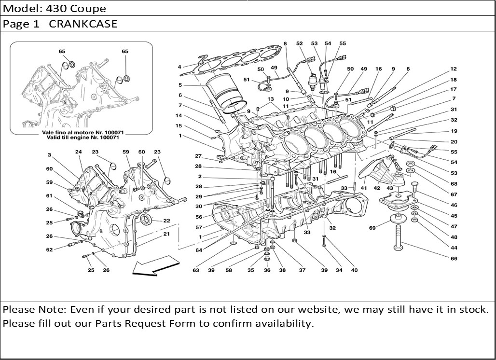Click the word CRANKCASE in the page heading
(83, 24)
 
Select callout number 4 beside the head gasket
(179, 67)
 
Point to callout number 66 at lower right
(454, 259)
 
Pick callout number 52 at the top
(299, 44)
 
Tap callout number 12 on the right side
(454, 69)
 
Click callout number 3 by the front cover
(49, 155)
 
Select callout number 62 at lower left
(49, 250)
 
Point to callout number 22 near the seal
(166, 221)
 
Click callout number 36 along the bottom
(267, 270)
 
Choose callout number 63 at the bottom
(196, 270)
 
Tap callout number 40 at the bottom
(354, 270)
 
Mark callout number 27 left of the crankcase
(198, 156)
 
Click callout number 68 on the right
(454, 183)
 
